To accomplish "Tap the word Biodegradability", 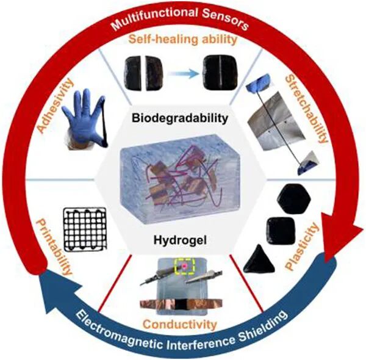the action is (182, 116).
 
